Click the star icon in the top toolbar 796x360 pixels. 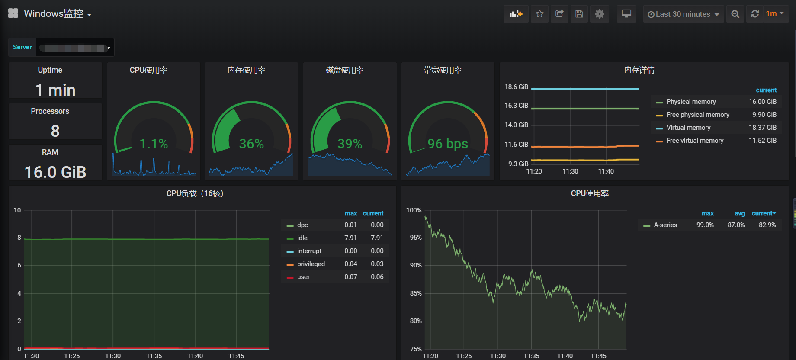coord(539,14)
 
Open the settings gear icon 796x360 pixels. coord(600,14)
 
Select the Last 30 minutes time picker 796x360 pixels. coord(683,14)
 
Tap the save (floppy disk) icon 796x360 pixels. coord(579,14)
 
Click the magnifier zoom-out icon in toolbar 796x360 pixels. coord(735,14)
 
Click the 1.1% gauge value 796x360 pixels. coord(154,144)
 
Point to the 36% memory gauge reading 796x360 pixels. coord(251,144)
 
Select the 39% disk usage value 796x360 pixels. coord(350,144)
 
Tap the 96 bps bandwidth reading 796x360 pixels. coord(448,144)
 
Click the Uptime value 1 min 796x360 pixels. coord(55,90)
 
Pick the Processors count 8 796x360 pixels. coord(55,131)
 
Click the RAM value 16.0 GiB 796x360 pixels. coord(55,172)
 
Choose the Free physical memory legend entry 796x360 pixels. coord(698,115)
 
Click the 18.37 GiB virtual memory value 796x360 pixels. coord(763,128)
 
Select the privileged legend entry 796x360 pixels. coord(311,264)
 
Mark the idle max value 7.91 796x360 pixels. coord(350,238)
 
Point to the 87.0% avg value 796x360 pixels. coord(736,225)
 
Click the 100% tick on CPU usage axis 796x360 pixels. coord(414,210)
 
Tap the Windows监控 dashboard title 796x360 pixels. coord(54,14)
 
